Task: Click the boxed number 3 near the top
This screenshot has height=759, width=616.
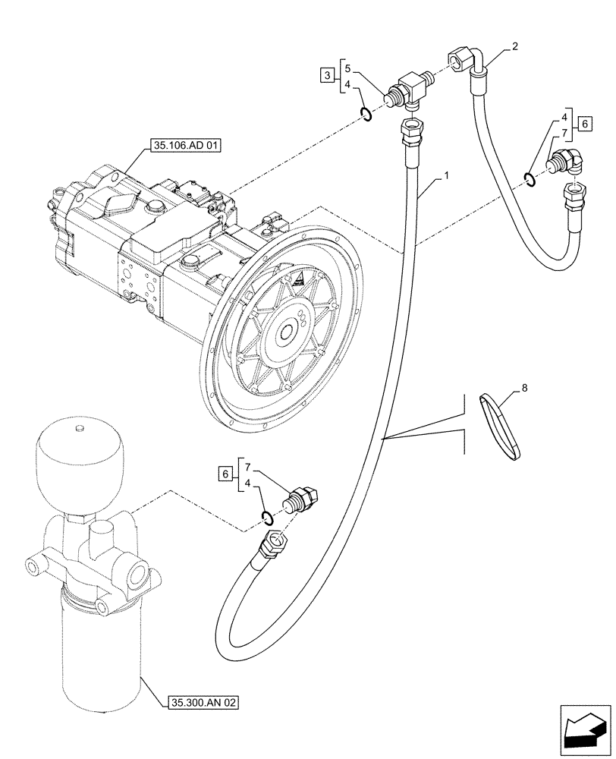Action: click(x=325, y=74)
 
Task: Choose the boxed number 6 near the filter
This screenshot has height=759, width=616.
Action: click(x=225, y=474)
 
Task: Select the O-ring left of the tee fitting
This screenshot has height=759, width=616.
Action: click(x=365, y=115)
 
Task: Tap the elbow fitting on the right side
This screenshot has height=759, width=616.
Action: click(x=567, y=162)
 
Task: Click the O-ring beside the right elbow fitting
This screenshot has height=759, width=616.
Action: click(x=528, y=179)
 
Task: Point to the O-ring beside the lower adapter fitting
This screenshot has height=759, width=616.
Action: click(x=267, y=518)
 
